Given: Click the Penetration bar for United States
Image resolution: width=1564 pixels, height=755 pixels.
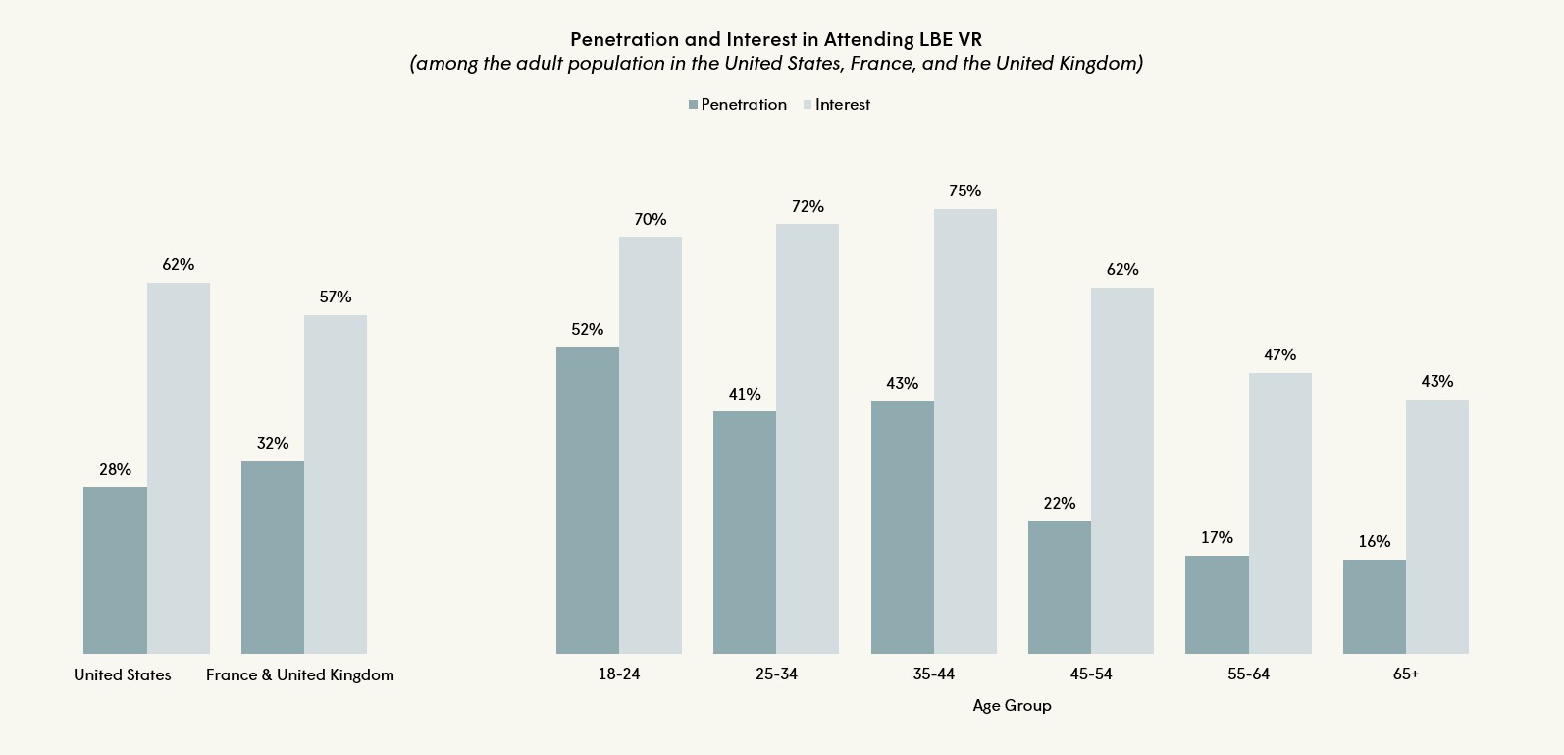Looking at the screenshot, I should [115, 570].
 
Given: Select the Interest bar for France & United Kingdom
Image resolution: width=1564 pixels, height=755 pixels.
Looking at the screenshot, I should [336, 484].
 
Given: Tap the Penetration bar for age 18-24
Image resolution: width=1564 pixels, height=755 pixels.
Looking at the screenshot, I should [587, 500].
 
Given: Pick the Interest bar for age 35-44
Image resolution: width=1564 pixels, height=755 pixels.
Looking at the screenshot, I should [964, 431].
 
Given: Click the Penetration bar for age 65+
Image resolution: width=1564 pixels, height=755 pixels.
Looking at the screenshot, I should [1374, 607].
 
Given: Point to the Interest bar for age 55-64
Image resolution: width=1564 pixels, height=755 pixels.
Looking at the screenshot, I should [1279, 513].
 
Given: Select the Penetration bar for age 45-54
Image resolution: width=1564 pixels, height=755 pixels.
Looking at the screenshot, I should [1059, 587].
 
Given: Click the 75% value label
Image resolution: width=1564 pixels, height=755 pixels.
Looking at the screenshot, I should [964, 191].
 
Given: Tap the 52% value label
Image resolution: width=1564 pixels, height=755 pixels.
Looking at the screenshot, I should [587, 330].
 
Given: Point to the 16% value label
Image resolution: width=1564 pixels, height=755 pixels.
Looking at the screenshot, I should [1374, 542].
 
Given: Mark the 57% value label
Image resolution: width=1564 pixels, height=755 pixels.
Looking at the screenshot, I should [336, 297].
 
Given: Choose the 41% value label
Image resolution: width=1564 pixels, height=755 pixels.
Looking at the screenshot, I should [744, 395].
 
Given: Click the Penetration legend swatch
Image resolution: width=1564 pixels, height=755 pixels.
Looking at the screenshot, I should [693, 105].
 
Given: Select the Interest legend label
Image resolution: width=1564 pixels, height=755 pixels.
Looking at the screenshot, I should [842, 105].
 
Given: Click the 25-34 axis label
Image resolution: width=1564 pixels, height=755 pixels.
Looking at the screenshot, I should [776, 674].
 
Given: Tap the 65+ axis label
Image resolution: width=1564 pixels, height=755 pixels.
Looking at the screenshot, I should [1405, 674].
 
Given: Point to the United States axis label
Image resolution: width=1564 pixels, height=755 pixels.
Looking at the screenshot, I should [123, 675].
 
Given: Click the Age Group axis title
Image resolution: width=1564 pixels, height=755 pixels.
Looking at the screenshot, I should [1012, 706].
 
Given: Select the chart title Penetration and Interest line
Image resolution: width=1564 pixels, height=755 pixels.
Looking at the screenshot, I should [775, 40].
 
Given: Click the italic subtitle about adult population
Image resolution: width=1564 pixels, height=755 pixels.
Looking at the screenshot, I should [775, 64].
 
